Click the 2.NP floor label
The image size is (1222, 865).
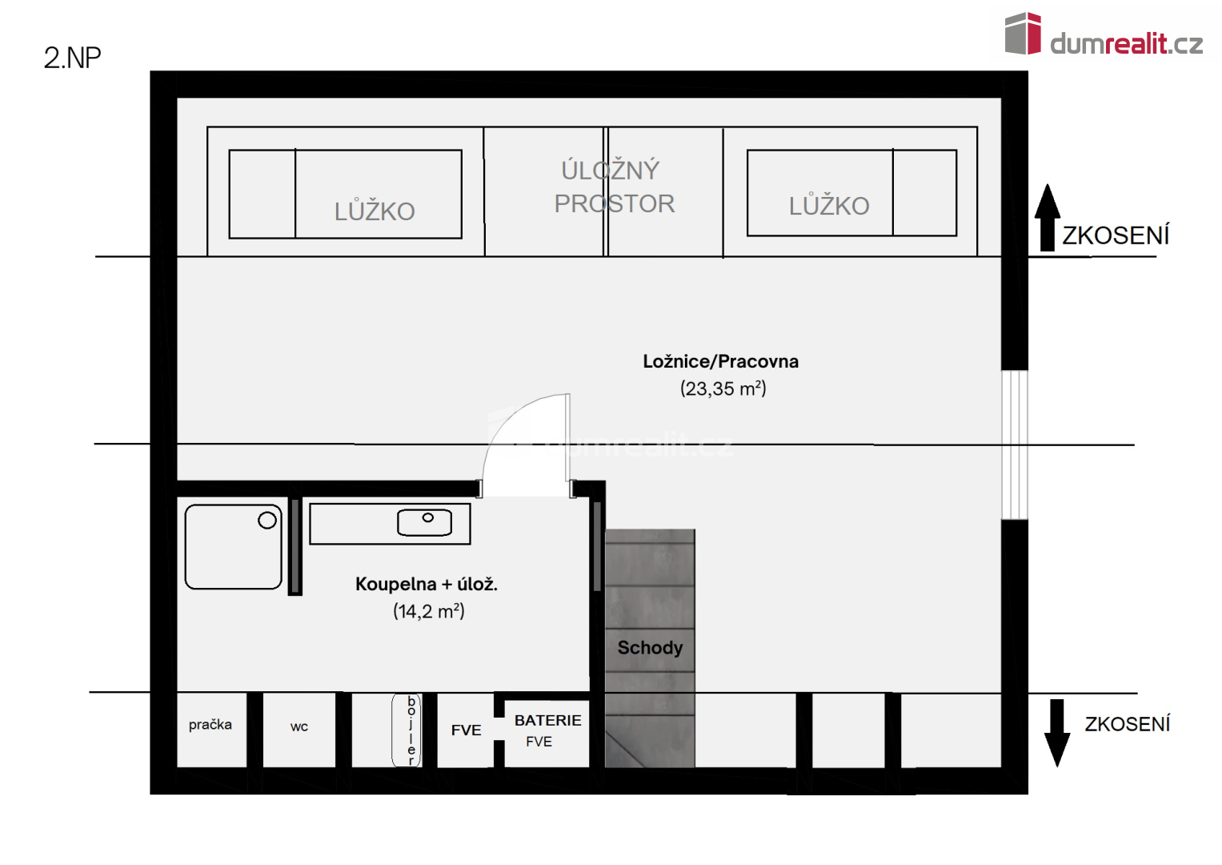click(x=72, y=58)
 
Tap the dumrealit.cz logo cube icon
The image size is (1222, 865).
click(x=1023, y=34)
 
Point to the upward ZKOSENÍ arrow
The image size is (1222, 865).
click(x=1048, y=217)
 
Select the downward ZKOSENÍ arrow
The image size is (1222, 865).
click(x=1057, y=733)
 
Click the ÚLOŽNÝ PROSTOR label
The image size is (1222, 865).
click(x=614, y=187)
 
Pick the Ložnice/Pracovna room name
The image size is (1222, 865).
click(x=721, y=361)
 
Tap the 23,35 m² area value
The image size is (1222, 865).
click(x=723, y=388)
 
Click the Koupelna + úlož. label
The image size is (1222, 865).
click(x=426, y=584)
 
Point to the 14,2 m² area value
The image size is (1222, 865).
click(x=429, y=610)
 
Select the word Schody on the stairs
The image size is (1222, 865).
click(x=650, y=647)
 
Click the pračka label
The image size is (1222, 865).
click(x=210, y=725)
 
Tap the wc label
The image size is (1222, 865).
click(x=299, y=727)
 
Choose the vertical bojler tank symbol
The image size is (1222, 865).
click(x=407, y=730)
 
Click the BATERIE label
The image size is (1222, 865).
click(x=547, y=720)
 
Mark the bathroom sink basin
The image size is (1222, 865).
click(x=424, y=522)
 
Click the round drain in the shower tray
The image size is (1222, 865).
click(x=266, y=520)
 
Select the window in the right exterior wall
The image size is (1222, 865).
click(x=1015, y=445)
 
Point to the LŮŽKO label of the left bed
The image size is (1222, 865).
click(x=375, y=212)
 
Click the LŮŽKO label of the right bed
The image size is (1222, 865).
click(x=829, y=206)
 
